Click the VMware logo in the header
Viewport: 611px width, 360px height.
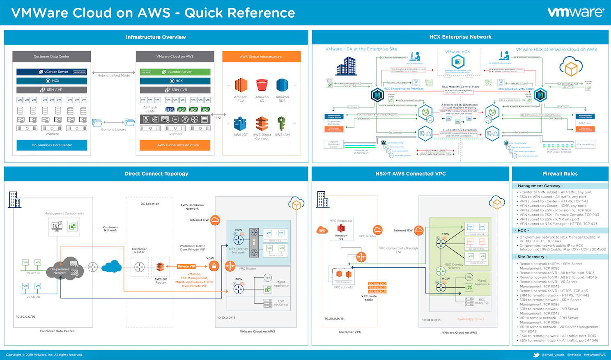click(576, 12)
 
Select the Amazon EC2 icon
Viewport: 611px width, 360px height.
click(241, 85)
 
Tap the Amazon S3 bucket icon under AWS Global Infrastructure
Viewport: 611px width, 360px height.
click(262, 85)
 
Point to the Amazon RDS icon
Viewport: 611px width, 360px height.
click(282, 85)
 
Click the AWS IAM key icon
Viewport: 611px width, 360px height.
click(281, 123)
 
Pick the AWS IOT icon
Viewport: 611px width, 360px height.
click(241, 124)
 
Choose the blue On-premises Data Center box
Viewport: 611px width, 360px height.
click(52, 145)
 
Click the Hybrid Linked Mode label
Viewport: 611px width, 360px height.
click(114, 76)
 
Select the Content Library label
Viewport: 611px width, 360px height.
click(114, 130)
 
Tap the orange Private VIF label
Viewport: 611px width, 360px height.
click(186, 266)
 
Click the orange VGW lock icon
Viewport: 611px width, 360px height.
click(214, 266)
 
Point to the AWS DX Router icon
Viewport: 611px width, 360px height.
click(160, 267)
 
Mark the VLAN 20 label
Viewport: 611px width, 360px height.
click(33, 297)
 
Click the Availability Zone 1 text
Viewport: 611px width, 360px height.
click(471, 319)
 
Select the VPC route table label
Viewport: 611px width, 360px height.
click(369, 298)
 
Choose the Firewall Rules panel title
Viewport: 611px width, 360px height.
click(560, 174)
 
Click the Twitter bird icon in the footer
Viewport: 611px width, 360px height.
click(536, 355)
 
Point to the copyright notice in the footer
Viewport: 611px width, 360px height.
click(44, 355)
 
